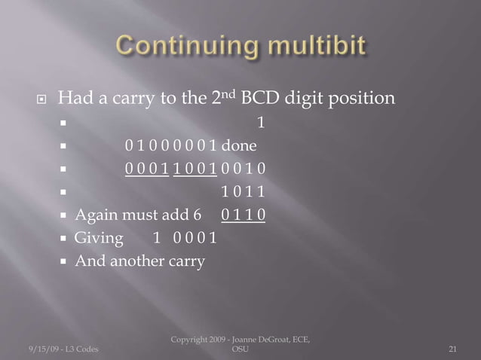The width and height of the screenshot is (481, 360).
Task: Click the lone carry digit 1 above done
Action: [261, 123]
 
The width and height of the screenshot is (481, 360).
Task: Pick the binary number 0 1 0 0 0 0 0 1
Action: [172, 146]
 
